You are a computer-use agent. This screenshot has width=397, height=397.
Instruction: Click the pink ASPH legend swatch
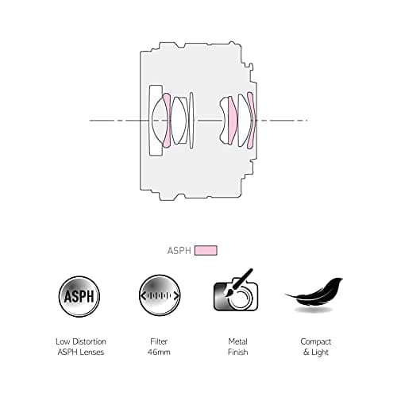point(206,250)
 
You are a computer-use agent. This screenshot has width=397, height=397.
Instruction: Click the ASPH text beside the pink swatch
point(179,250)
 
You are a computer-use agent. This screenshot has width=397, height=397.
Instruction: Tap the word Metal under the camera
point(236,341)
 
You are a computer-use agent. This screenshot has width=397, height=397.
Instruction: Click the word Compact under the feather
point(315,341)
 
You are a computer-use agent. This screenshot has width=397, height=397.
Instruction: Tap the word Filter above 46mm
point(158,341)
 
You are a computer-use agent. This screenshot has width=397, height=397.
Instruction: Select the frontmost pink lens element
point(166,120)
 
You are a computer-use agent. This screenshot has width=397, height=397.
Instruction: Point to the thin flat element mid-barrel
point(192,120)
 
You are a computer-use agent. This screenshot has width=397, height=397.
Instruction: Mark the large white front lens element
point(156,120)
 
